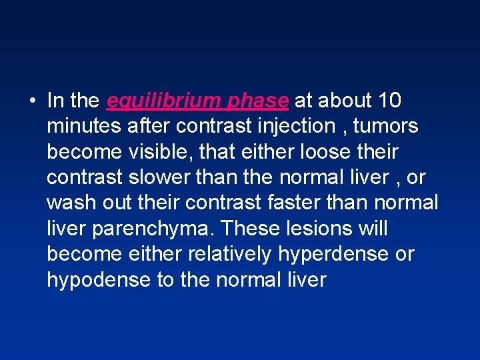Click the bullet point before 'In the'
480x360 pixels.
(x=32, y=101)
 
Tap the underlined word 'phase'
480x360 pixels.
(x=258, y=101)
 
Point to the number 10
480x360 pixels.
(x=389, y=101)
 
